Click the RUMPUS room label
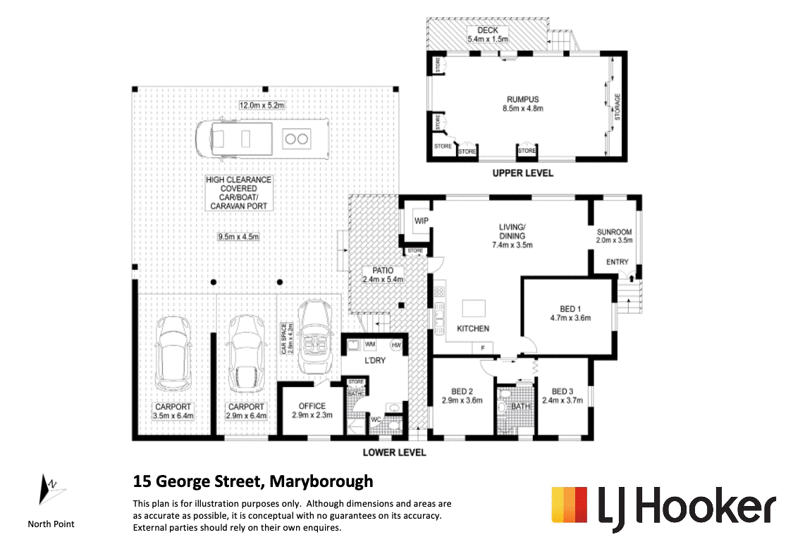click(x=522, y=99)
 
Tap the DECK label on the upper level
click(x=488, y=30)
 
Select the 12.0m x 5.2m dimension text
click(x=262, y=105)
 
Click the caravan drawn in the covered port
click(x=262, y=139)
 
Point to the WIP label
click(x=422, y=221)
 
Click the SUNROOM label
click(x=614, y=232)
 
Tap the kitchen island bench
click(x=474, y=308)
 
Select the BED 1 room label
click(x=570, y=309)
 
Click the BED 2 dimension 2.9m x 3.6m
click(x=462, y=400)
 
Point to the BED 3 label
click(x=563, y=391)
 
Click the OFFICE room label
click(x=312, y=406)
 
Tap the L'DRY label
click(x=375, y=360)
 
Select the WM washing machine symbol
click(x=370, y=344)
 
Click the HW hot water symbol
click(x=396, y=345)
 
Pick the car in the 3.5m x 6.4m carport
click(x=173, y=353)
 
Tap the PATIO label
click(x=383, y=271)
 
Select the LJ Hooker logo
click(x=663, y=508)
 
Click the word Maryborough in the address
click(x=321, y=481)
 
